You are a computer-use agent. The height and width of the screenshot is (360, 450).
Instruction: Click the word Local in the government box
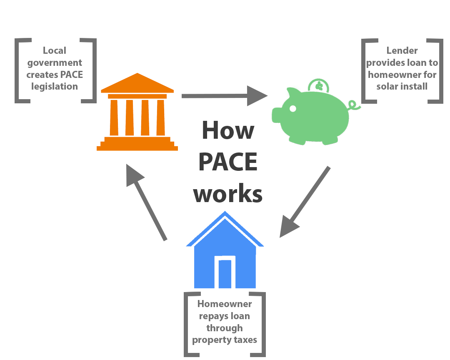[55, 51]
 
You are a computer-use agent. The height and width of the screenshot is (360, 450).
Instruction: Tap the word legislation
[55, 86]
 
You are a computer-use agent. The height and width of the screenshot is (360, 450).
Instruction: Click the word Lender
[402, 51]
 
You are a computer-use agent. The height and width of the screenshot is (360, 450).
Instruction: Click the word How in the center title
[227, 130]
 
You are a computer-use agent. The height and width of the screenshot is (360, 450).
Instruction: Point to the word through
[224, 328]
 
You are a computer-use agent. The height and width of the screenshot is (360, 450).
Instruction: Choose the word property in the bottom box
[209, 340]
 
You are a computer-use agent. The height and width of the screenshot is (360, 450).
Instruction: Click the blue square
[225, 249]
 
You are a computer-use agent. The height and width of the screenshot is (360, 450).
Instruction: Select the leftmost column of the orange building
[114, 117]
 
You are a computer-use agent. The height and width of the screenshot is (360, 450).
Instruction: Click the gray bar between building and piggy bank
[225, 95]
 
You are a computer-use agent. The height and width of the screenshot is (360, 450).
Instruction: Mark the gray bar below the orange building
[147, 202]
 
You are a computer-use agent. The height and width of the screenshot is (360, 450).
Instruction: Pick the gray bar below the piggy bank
[305, 202]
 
